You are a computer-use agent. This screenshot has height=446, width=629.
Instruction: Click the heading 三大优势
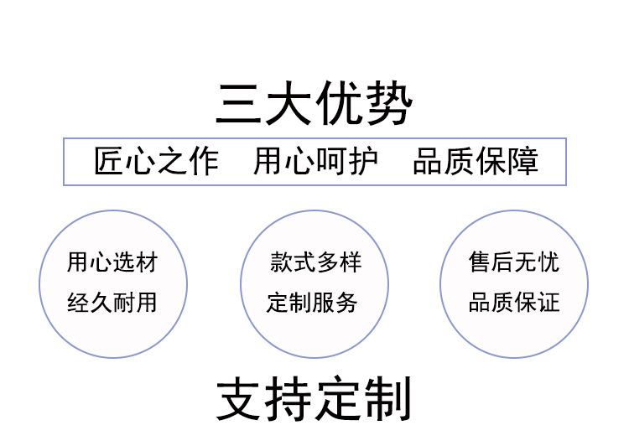click(x=314, y=103)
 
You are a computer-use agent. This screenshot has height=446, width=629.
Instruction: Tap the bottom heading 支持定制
click(x=314, y=400)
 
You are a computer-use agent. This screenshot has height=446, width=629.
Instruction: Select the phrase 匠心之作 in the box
click(x=156, y=161)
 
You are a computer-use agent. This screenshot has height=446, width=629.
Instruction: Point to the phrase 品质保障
click(x=476, y=161)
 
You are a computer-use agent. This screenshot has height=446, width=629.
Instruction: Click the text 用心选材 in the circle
click(x=112, y=262)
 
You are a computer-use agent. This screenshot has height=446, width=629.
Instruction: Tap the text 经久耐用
click(x=112, y=302)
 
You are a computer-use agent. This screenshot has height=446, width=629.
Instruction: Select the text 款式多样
click(x=315, y=262)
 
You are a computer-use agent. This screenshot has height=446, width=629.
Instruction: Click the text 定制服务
click(x=315, y=302)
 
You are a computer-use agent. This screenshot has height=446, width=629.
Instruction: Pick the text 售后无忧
click(x=513, y=262)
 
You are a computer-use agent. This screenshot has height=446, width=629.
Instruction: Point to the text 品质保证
click(x=513, y=302)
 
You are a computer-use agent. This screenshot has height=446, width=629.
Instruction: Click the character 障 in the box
click(x=523, y=161)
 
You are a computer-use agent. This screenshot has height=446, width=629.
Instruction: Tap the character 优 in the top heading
click(x=340, y=104)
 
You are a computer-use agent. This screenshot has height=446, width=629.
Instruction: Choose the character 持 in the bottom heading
click(x=290, y=400)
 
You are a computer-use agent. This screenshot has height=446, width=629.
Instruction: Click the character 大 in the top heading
click(x=290, y=104)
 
